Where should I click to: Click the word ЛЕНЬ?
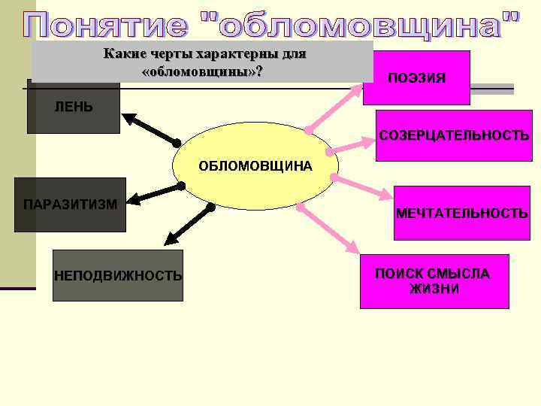(74, 107)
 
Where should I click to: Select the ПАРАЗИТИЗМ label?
(70, 205)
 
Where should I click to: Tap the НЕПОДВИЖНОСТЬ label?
(118, 276)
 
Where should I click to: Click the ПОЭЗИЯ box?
(416, 77)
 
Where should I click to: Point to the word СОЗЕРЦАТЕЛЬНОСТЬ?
(454, 136)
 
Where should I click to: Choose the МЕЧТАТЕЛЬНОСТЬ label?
(461, 214)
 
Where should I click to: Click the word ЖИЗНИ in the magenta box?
(434, 289)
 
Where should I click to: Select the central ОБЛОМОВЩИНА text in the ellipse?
(255, 165)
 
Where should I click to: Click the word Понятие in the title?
(109, 26)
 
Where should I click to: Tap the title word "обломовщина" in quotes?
(361, 26)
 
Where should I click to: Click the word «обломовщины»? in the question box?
(202, 71)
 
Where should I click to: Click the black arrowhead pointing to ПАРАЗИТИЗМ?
(133, 200)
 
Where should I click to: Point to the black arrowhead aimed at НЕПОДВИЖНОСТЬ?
(170, 241)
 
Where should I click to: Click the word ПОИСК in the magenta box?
(399, 274)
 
